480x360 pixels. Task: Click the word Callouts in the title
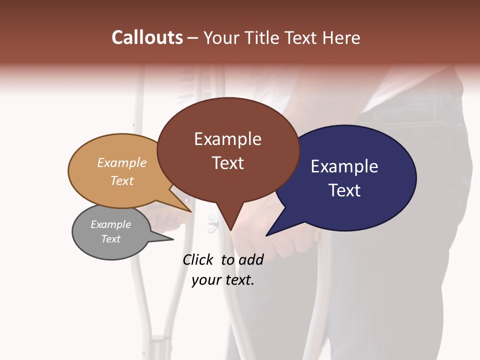(147, 37)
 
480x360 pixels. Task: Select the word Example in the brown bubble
(227, 139)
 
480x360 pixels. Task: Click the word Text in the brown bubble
(227, 163)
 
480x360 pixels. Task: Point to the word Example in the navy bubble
(344, 166)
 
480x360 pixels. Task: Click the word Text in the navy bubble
(344, 190)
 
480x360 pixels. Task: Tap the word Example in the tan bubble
(122, 163)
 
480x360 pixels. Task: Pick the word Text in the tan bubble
(122, 181)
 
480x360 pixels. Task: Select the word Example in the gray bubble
(110, 224)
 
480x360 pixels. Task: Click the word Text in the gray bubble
(110, 239)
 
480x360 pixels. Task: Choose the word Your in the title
(219, 37)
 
